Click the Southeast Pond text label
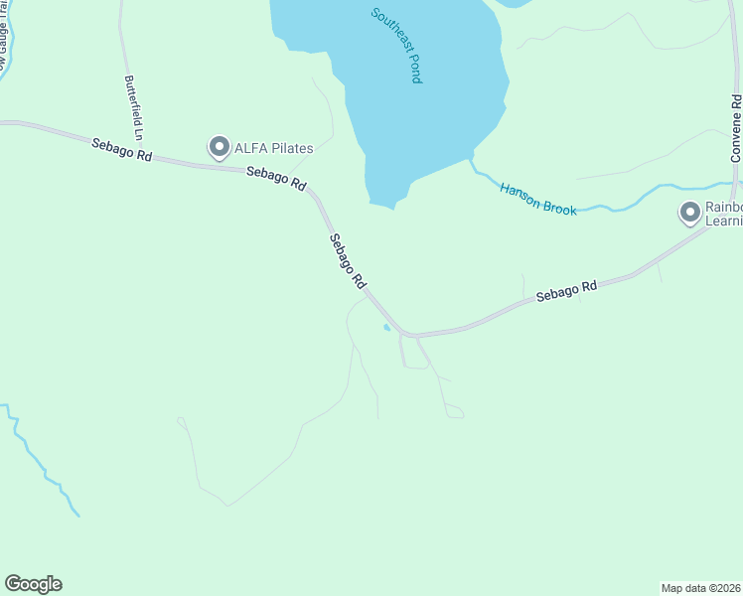pos(396,46)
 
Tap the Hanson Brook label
pos(537,199)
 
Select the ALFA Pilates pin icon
pos(219,148)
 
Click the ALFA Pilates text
pos(273,149)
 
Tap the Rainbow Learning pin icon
pos(690,213)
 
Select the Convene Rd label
pos(736,129)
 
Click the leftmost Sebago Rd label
pos(122,150)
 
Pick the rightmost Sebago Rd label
pos(566,291)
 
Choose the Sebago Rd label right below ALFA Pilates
pos(275,179)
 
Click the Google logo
pos(33,584)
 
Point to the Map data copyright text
pos(700,587)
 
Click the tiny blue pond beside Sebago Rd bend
pos(386,327)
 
